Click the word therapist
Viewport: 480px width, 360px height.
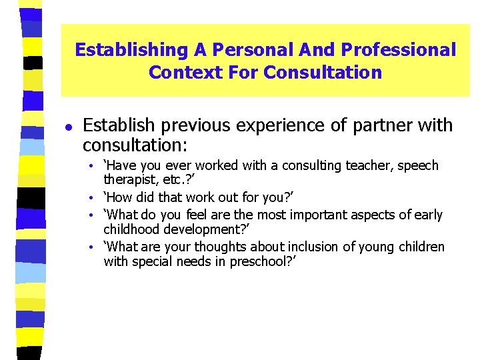point(129,180)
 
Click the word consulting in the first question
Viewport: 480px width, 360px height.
point(317,165)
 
